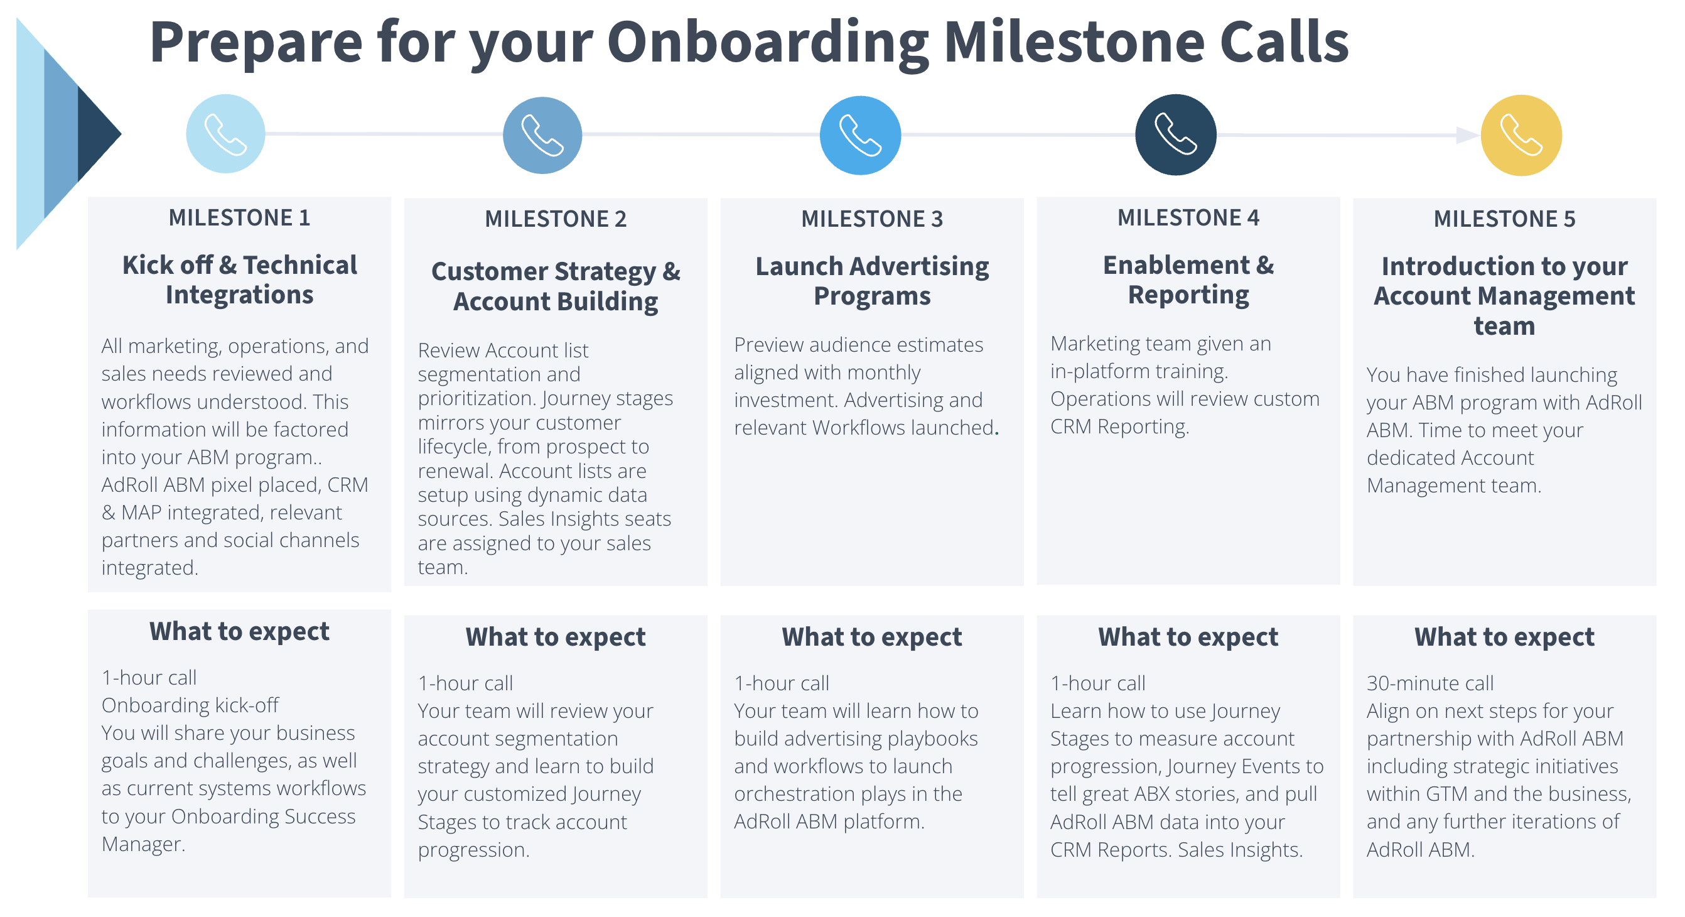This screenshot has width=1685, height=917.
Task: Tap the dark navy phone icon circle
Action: (1175, 135)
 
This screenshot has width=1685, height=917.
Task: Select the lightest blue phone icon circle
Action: (225, 134)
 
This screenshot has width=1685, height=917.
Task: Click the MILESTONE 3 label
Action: (872, 219)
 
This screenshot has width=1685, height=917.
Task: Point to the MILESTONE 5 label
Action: (1504, 219)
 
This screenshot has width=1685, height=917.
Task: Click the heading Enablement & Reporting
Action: (1188, 280)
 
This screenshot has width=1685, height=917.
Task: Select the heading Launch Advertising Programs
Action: (872, 281)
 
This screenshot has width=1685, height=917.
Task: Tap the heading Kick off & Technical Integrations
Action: (239, 280)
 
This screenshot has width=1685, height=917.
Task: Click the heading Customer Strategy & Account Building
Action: (556, 286)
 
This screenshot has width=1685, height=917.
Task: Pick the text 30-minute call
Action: (1430, 683)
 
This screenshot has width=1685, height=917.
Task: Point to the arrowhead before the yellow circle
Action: (1468, 135)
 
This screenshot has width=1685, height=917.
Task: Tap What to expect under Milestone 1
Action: (239, 632)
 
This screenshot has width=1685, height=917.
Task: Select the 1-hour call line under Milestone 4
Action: (1097, 683)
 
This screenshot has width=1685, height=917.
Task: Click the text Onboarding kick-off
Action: (190, 705)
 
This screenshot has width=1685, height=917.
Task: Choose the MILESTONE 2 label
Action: (556, 219)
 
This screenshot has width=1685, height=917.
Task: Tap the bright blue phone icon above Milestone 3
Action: (860, 135)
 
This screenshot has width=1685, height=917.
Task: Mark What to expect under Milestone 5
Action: (1504, 637)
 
